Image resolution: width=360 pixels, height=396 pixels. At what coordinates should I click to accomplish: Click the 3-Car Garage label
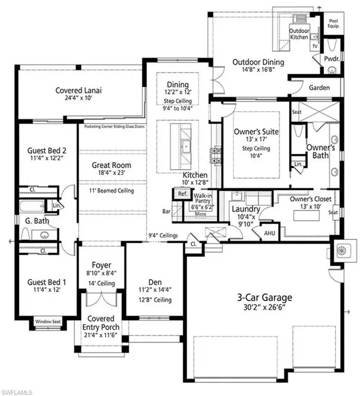[x=265, y=297]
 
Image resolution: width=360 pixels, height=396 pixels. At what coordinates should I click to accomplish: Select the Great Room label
[x=112, y=165]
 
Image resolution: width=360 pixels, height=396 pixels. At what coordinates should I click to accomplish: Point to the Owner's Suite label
[x=251, y=126]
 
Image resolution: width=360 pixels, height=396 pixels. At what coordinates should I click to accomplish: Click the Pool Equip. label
[x=334, y=23]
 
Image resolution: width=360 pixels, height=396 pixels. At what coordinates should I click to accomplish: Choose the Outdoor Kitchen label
[x=299, y=34]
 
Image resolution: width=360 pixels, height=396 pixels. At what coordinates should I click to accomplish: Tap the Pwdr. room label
[x=332, y=59]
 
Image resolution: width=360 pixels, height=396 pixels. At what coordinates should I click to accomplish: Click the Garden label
[x=317, y=87]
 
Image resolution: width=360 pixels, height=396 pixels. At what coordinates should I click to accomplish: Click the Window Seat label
[x=48, y=321]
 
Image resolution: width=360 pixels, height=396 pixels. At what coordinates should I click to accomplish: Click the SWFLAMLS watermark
[x=20, y=390]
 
